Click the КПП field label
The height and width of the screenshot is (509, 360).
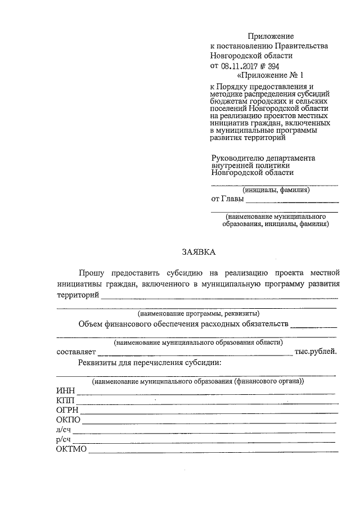65,401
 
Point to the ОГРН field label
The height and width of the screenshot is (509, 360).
67,411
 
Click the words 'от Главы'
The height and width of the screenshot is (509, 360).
227,199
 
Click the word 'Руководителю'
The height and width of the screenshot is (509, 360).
236,158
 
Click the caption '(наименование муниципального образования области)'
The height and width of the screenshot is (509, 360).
198,342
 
